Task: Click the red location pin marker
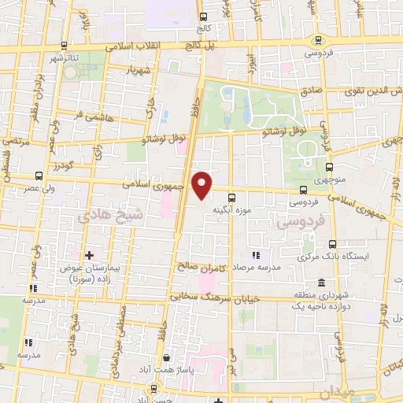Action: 203,185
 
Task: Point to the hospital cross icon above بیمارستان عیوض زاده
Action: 88,255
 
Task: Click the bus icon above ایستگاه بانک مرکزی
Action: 332,243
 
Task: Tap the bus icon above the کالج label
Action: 204,17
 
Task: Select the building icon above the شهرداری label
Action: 321,283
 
